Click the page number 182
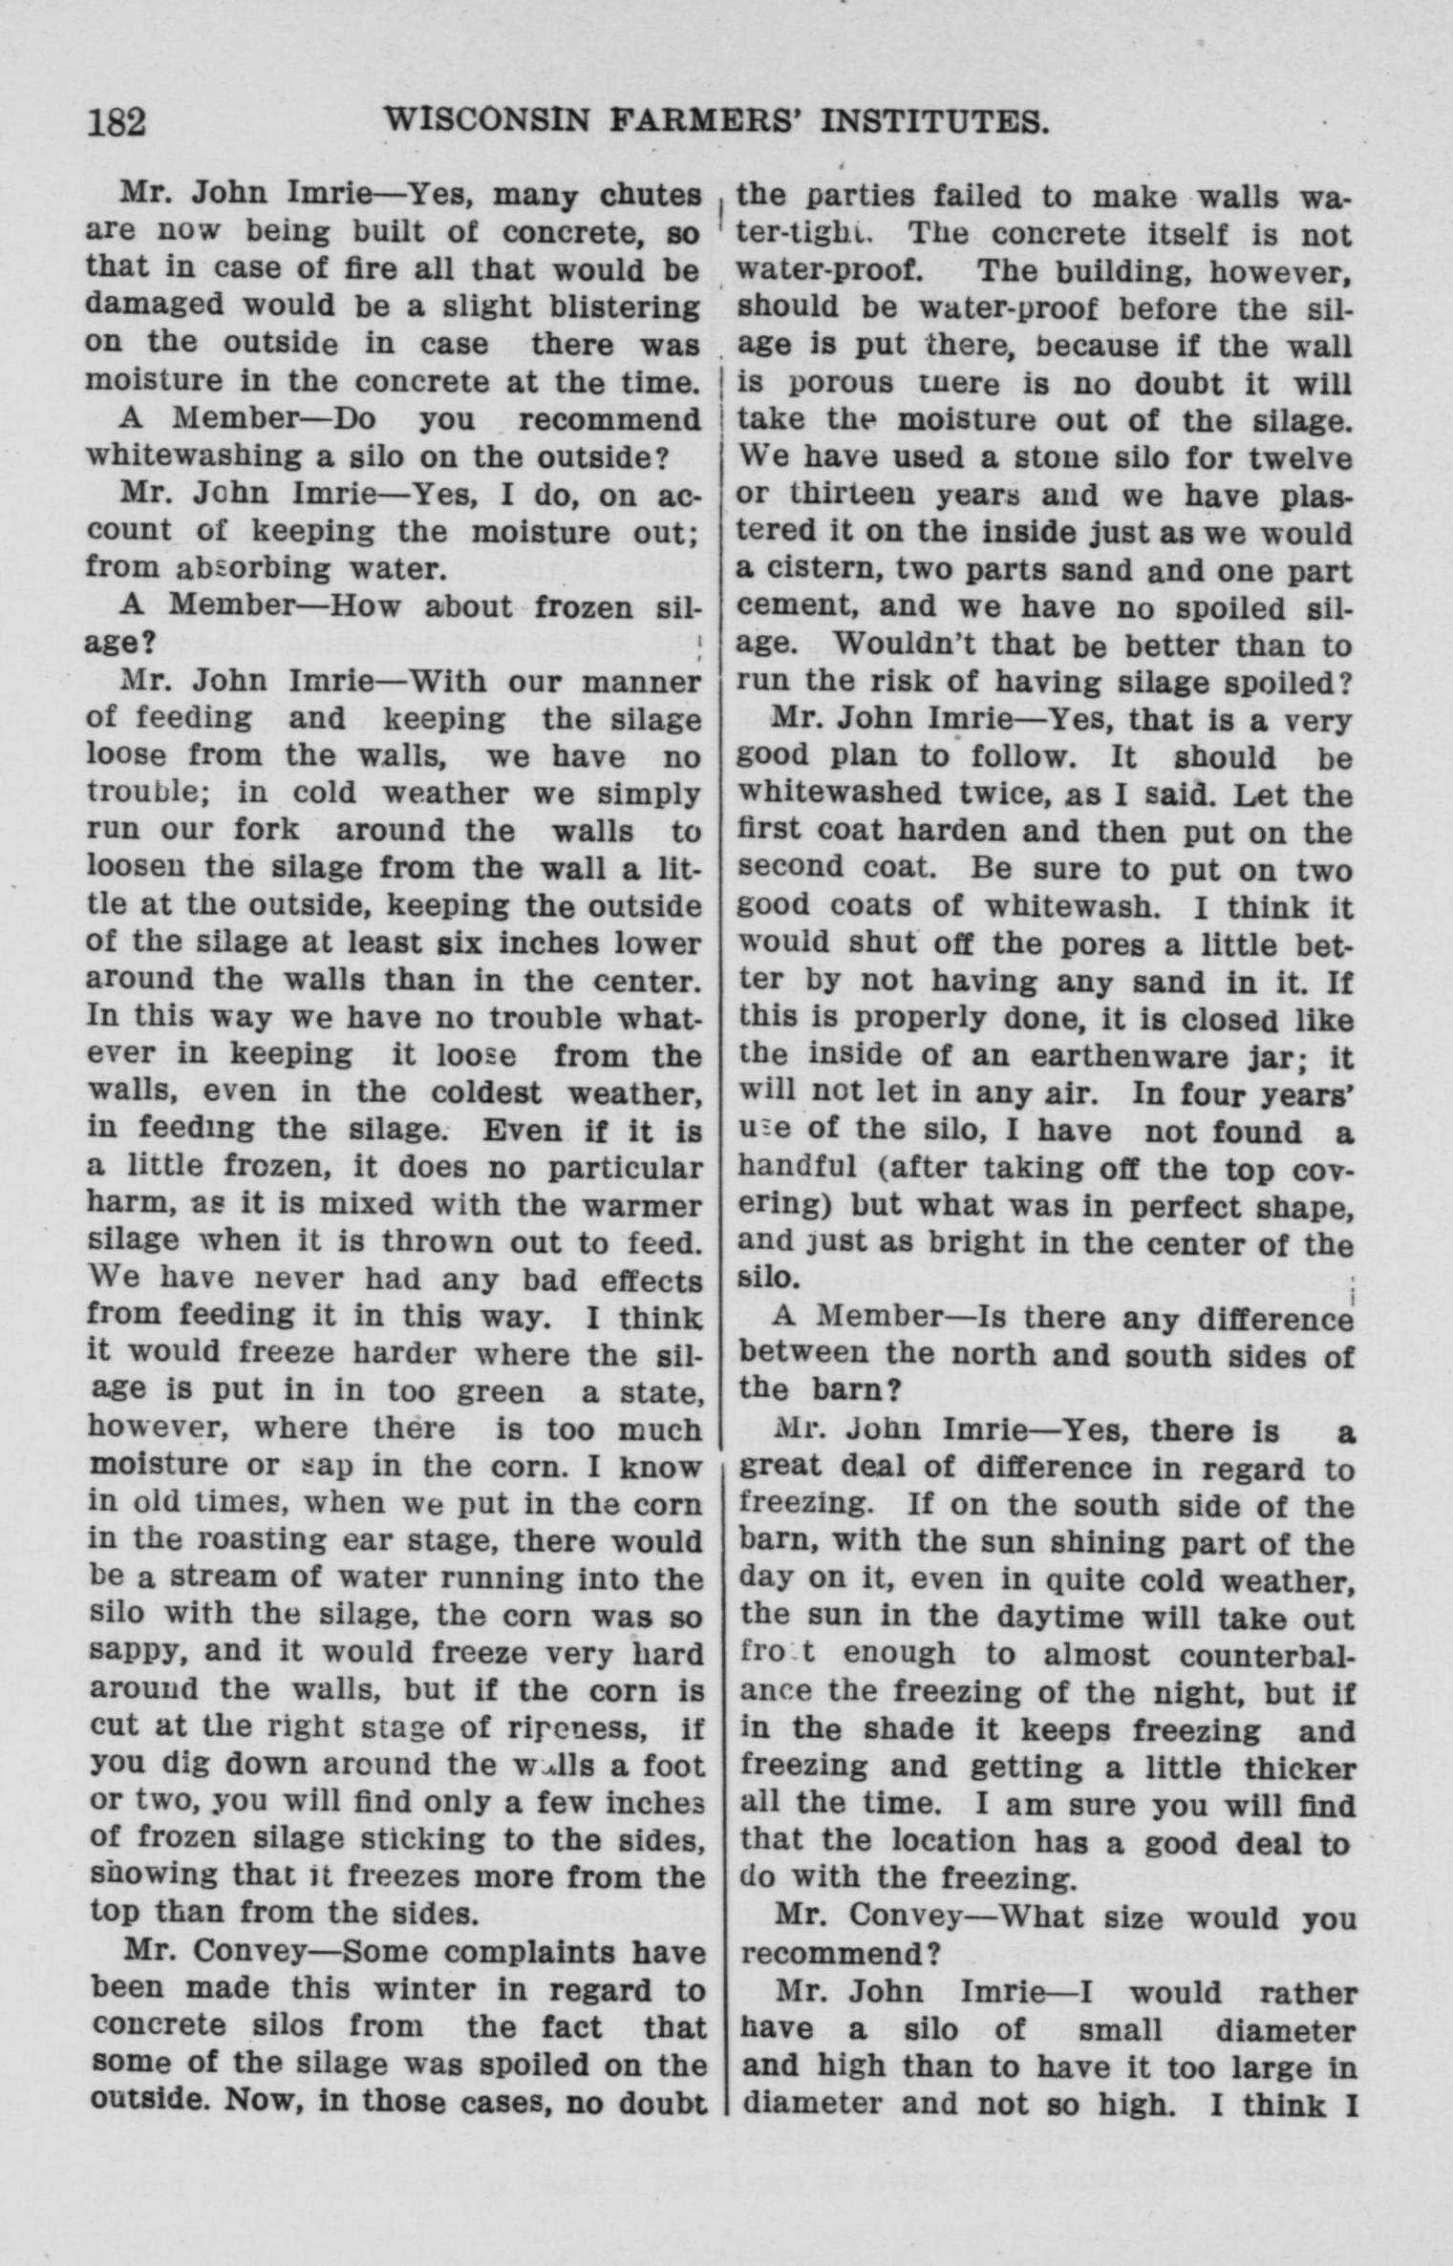(117, 123)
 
